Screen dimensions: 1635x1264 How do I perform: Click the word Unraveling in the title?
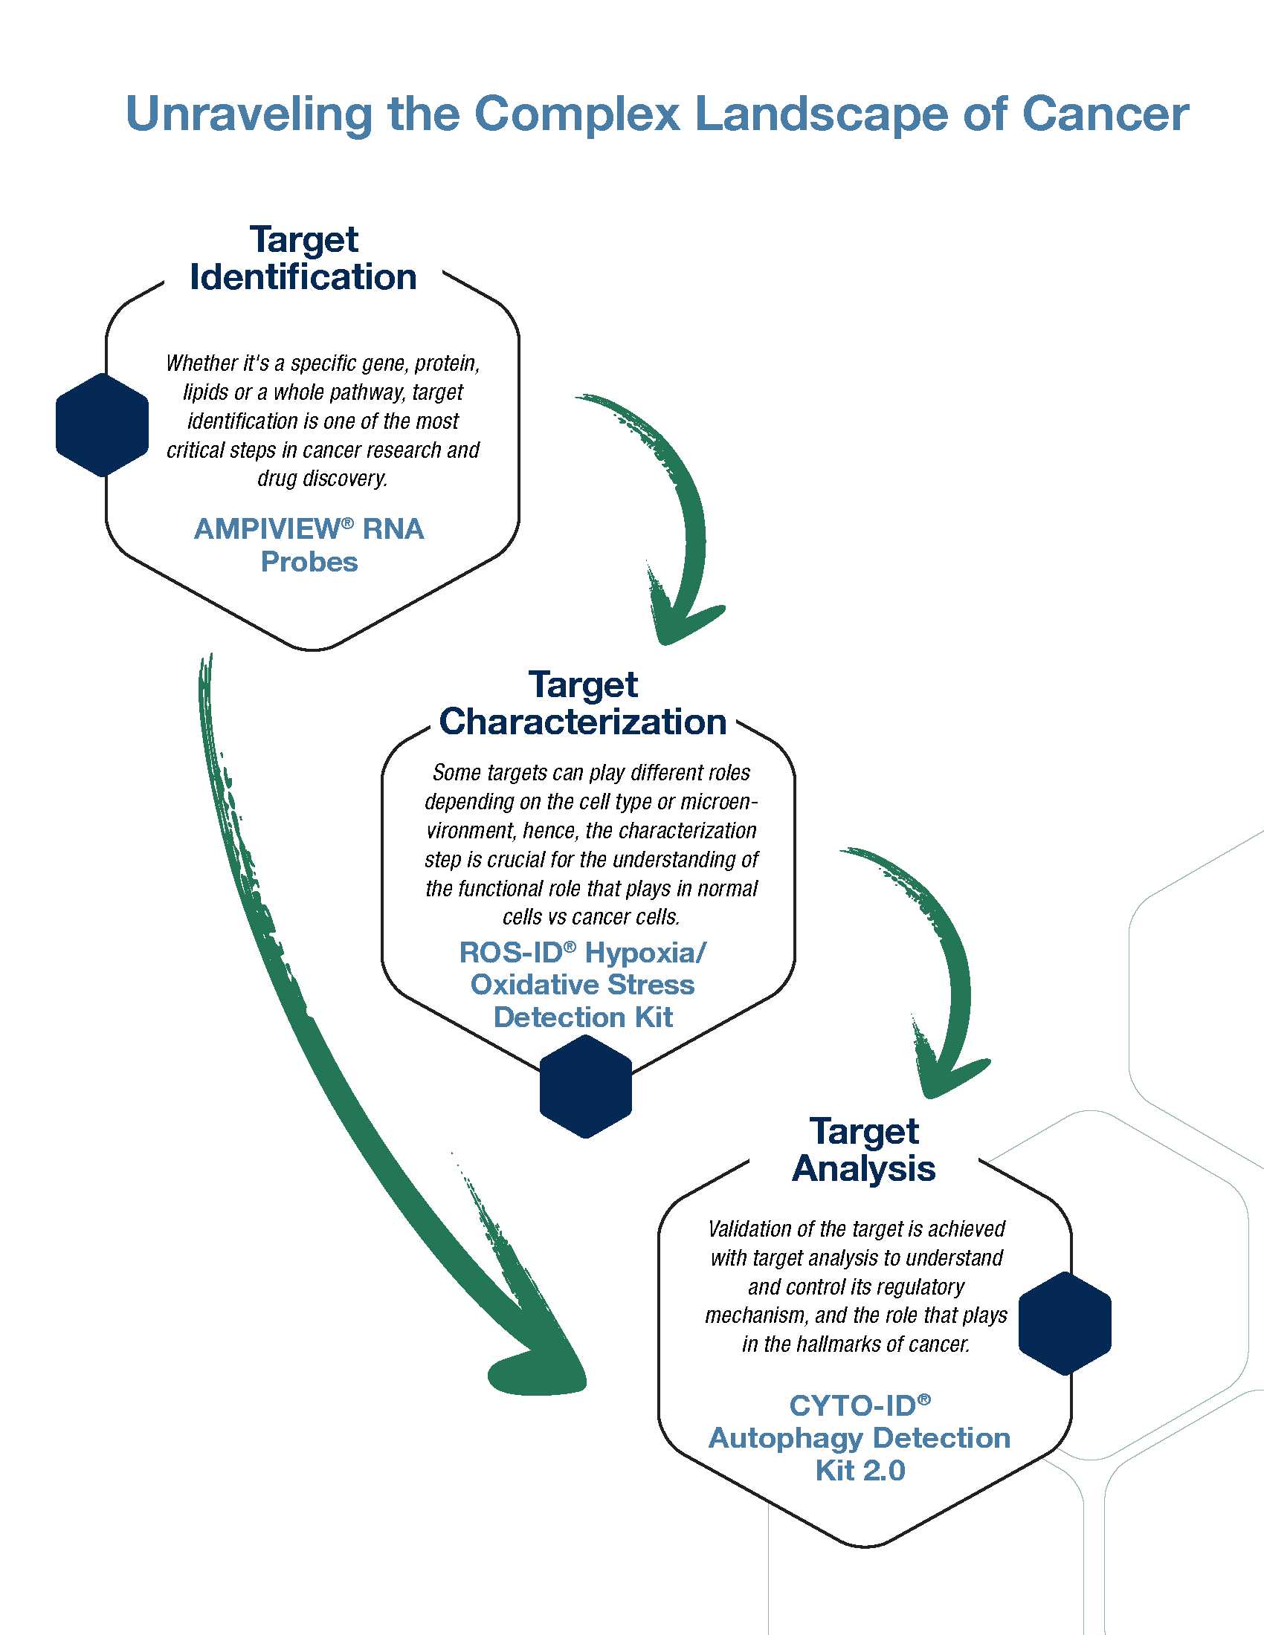pos(248,114)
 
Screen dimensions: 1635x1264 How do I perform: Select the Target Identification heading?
pos(303,259)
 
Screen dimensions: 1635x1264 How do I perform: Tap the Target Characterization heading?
pos(583,704)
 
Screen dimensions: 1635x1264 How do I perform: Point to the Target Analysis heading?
pos(863,1150)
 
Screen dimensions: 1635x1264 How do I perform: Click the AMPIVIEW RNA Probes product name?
pos(309,545)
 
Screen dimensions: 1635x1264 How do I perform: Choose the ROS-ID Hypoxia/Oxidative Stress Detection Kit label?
pos(583,985)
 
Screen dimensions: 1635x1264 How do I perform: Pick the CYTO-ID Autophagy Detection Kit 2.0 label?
pos(860,1437)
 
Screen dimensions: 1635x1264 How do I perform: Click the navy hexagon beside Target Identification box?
pos(102,425)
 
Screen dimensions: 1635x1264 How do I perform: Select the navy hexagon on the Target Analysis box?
pos(1065,1324)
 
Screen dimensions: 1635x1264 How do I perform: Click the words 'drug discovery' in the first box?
pos(323,479)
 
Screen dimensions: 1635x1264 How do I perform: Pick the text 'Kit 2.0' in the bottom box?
pos(860,1470)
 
